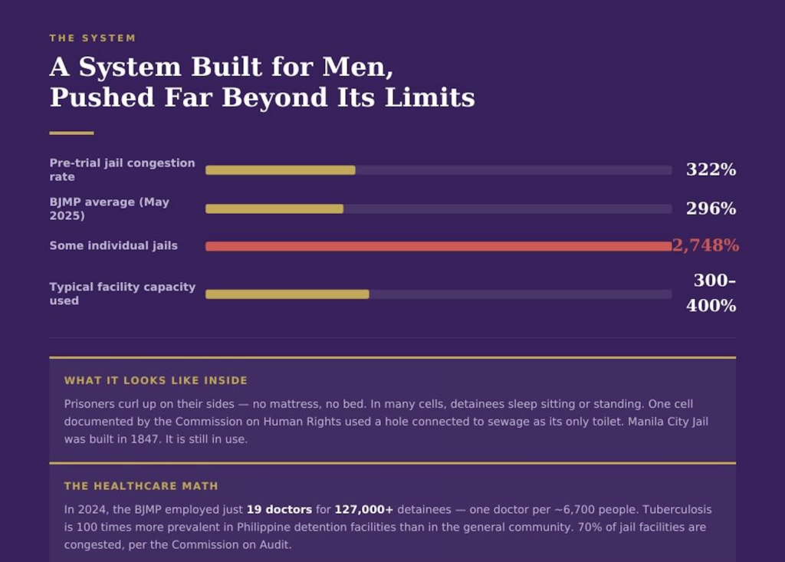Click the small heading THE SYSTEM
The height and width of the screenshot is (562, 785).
coord(92,38)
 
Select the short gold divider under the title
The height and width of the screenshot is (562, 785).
coord(71,133)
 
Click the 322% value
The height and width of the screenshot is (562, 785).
coord(711,169)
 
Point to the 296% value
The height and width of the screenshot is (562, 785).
coord(711,209)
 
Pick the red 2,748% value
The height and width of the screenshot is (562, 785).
coord(705,245)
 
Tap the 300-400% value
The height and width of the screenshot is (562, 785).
coord(711,293)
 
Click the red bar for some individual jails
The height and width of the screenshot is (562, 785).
coord(438,246)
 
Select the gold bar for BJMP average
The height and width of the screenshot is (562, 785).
coord(274,209)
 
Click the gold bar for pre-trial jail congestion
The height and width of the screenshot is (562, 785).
coord(280,170)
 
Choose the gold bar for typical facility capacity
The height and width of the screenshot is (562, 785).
coord(287,294)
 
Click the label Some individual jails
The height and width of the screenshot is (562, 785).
coord(113,245)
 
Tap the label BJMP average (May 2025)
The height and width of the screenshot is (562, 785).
coord(109,209)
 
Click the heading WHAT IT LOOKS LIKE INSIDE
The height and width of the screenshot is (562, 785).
coord(156,380)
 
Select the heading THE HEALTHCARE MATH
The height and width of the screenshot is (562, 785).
coord(141,486)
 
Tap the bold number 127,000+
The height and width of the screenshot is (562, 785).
coord(363,510)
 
